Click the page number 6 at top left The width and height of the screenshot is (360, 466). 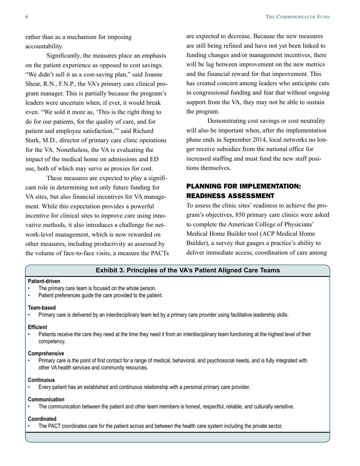[27, 17]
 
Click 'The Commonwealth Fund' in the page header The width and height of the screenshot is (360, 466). [297, 17]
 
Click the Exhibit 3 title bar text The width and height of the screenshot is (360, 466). [188, 270]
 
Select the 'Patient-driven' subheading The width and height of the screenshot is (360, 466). [44, 281]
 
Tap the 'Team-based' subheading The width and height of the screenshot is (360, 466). [42, 308]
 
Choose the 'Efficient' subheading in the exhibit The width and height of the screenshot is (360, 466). [38, 327]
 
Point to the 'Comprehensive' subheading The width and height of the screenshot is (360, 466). [46, 353]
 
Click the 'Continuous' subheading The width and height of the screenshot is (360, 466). [41, 380]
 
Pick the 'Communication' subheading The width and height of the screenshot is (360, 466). [46, 399]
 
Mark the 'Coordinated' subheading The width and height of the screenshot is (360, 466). [42, 419]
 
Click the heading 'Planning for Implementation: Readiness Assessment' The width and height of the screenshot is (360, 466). [243, 191]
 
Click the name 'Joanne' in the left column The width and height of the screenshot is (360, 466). [156, 74]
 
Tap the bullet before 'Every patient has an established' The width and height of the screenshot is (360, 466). [29, 387]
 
